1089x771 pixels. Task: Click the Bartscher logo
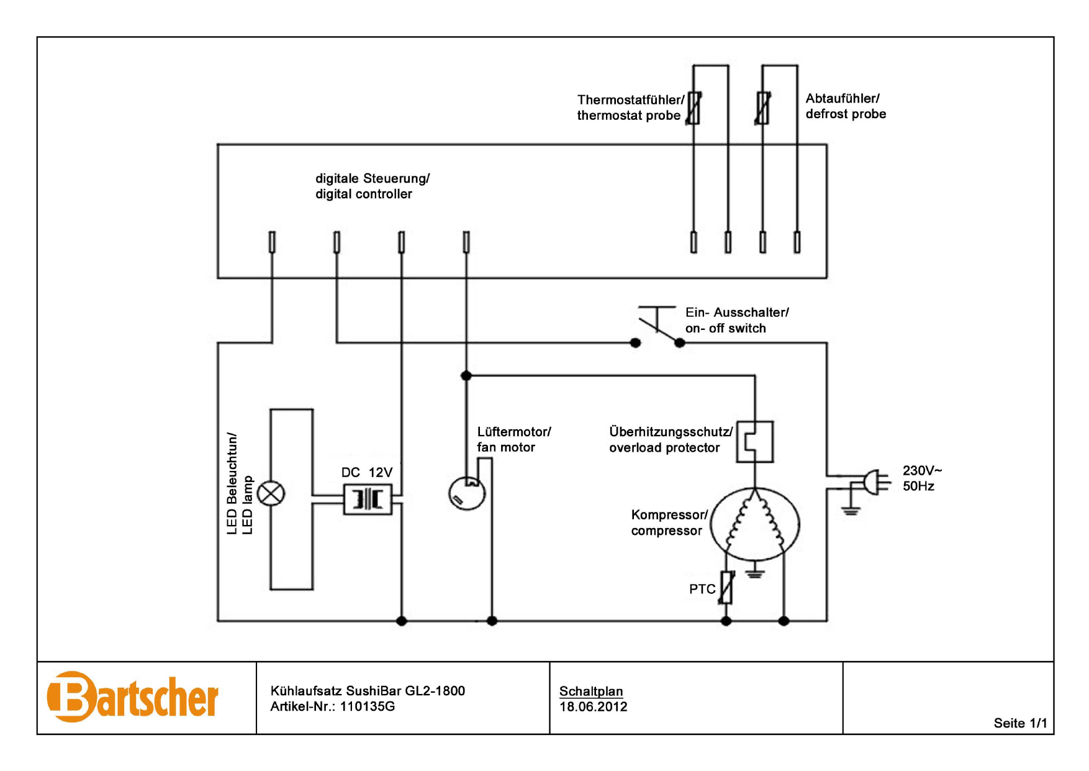click(132, 697)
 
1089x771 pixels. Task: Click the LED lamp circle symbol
click(271, 494)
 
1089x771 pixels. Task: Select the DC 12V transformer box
click(368, 499)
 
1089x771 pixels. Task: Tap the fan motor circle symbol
click(466, 493)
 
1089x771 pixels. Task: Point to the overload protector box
click(755, 442)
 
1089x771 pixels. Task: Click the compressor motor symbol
click(755, 524)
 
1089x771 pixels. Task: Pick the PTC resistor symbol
click(726, 588)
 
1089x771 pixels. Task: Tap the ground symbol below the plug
click(850, 511)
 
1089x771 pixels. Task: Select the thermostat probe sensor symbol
click(694, 107)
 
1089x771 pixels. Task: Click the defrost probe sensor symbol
click(763, 107)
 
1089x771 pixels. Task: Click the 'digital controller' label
click(364, 194)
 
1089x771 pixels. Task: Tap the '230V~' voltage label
click(922, 470)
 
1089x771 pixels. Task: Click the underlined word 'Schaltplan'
click(591, 691)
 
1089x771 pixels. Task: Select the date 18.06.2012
click(594, 706)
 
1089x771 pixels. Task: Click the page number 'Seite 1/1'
click(1020, 723)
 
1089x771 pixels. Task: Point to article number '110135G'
click(368, 706)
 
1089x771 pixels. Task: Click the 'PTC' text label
click(702, 589)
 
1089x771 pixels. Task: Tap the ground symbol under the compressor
click(754, 572)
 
